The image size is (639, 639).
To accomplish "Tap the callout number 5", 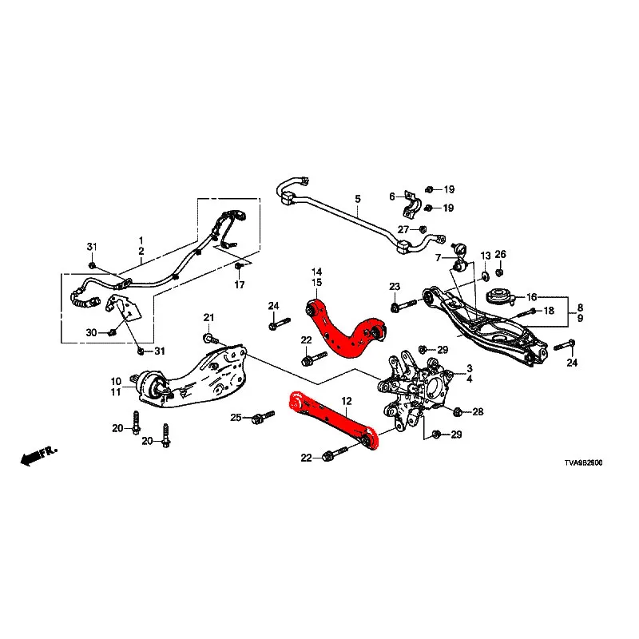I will tap(358, 199).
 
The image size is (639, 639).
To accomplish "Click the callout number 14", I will tap(316, 272).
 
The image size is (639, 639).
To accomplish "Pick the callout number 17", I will tap(239, 285).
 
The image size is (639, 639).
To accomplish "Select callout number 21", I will tap(208, 319).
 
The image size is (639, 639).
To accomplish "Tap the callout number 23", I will tap(394, 287).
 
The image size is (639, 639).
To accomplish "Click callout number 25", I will tap(236, 418).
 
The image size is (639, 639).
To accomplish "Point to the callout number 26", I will tap(500, 255).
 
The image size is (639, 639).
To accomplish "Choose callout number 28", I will tap(478, 412).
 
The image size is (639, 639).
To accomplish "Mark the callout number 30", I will tap(91, 332).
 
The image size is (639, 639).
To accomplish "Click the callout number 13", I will tap(485, 255).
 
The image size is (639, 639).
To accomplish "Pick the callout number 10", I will tap(116, 381).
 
